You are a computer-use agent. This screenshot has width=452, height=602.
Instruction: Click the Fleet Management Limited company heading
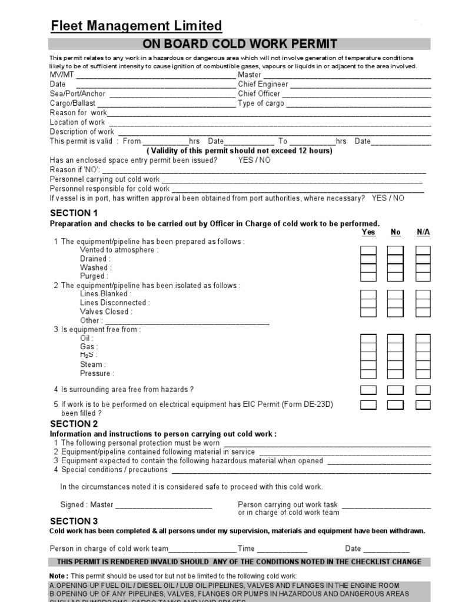[136, 26]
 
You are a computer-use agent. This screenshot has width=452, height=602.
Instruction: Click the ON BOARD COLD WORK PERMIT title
[240, 44]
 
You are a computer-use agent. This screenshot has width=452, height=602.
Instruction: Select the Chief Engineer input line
[360, 85]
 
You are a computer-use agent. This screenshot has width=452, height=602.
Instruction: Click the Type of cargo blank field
[358, 103]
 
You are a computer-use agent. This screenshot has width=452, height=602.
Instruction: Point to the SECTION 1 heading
[74, 213]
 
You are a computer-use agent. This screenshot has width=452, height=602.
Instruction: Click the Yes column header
[368, 232]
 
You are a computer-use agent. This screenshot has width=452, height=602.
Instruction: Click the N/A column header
[423, 232]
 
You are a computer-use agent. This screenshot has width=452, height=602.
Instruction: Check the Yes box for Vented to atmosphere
[368, 250]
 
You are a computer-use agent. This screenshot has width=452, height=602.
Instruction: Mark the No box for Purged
[395, 276]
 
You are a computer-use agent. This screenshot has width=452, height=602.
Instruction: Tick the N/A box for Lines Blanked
[423, 294]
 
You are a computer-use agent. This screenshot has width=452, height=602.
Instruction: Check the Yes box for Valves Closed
[368, 312]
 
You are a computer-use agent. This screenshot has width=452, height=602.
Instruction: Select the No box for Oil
[395, 339]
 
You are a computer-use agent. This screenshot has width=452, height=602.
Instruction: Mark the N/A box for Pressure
[423, 373]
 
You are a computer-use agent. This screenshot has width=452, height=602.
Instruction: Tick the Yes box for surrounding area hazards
[368, 390]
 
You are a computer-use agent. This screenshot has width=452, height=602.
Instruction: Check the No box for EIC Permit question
[395, 404]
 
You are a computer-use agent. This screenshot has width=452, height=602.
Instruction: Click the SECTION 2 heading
[74, 424]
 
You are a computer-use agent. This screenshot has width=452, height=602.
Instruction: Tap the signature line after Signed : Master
[164, 506]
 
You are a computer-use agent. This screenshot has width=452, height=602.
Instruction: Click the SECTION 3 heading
[74, 521]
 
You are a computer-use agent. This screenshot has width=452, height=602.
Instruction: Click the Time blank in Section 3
[282, 550]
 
